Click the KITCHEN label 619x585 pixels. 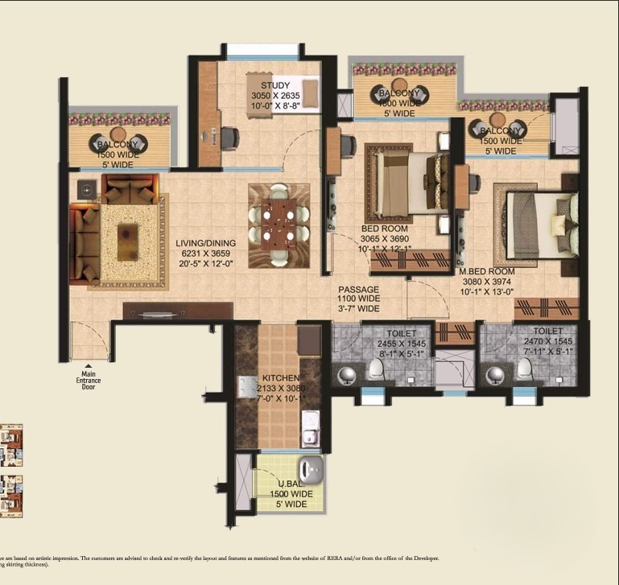pos(280,377)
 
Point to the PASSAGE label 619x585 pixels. pos(359,289)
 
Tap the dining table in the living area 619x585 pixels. pos(278,221)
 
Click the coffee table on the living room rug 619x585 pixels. pos(127,241)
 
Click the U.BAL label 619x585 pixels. pos(290,483)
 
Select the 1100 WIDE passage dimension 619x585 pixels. pos(359,299)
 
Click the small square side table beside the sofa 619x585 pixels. pos(86,189)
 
